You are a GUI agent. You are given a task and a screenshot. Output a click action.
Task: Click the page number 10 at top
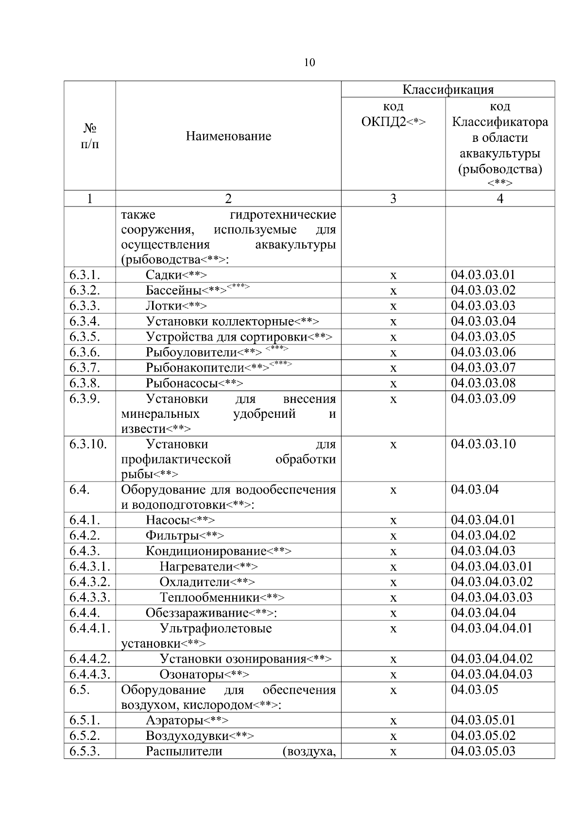point(309,63)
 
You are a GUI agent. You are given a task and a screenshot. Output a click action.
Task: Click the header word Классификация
point(447,89)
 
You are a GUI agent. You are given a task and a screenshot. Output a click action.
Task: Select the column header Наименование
point(228,136)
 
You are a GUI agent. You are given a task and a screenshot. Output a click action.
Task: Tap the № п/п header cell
point(90,136)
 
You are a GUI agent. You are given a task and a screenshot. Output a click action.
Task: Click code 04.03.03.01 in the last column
point(483,275)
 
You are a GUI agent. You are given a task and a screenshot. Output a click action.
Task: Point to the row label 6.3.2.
point(85,290)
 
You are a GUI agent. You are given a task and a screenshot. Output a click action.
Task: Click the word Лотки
point(164,306)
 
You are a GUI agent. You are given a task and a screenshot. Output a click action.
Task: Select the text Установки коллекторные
point(220,321)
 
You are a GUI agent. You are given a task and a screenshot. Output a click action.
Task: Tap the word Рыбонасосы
point(182,383)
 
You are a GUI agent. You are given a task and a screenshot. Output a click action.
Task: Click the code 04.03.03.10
point(483,444)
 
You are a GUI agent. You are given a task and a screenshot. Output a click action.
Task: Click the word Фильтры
point(172,535)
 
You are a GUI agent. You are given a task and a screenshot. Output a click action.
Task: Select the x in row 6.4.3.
point(394,551)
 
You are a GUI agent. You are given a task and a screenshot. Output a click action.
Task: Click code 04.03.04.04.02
point(492,659)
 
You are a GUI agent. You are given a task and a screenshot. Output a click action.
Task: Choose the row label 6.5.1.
point(85,720)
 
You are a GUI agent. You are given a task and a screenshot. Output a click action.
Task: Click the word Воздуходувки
point(187,736)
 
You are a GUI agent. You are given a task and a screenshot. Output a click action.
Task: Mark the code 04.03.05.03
point(483,751)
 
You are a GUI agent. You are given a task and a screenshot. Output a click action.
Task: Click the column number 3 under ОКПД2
point(393,198)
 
